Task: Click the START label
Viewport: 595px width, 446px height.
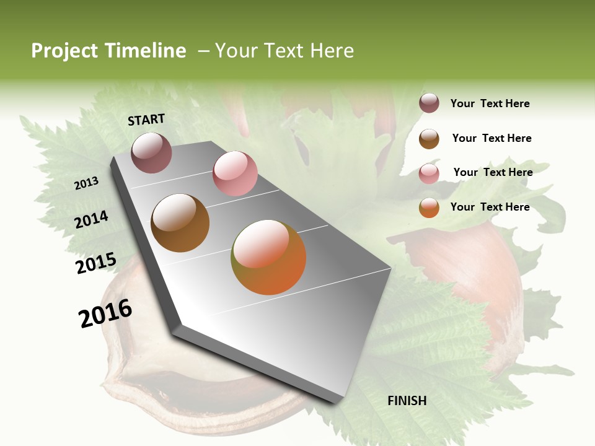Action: click(x=146, y=120)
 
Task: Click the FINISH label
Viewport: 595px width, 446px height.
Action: click(x=407, y=401)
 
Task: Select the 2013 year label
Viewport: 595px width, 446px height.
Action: click(x=87, y=183)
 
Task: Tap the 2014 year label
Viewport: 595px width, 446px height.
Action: click(x=92, y=219)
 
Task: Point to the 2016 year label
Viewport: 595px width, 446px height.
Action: click(x=105, y=313)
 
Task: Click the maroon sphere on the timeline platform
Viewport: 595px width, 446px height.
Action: click(x=151, y=152)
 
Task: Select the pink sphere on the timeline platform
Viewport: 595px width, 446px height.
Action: click(x=235, y=173)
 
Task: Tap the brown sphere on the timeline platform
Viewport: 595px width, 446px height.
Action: click(x=180, y=223)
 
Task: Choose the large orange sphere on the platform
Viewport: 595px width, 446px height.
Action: click(x=268, y=257)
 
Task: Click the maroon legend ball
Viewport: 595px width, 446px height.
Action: click(x=429, y=103)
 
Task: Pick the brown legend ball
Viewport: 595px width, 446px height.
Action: click(x=429, y=139)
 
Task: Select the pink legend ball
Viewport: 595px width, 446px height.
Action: click(x=429, y=173)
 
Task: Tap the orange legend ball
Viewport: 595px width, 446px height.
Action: click(x=429, y=208)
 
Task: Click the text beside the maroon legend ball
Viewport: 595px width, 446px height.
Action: click(x=490, y=104)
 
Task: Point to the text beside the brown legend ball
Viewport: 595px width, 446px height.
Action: click(x=491, y=138)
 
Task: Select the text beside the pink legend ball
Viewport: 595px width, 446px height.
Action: click(x=493, y=172)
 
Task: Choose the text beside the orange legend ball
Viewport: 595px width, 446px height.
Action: click(x=490, y=207)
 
